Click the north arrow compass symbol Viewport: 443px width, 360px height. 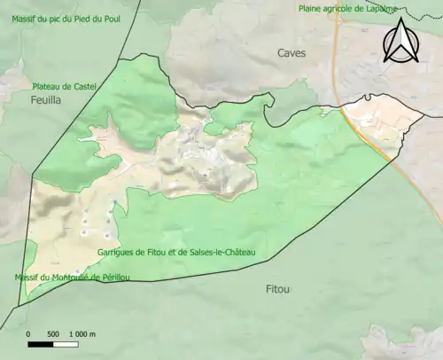(x=400, y=43)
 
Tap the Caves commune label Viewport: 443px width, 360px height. (x=291, y=53)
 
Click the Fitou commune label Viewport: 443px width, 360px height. (x=278, y=289)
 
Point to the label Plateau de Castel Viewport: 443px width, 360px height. (x=64, y=87)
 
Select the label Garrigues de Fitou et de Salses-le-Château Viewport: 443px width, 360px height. (x=176, y=253)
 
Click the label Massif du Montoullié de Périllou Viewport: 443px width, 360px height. (x=72, y=278)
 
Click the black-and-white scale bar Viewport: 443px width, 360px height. (x=53, y=344)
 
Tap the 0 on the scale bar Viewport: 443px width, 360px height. (x=28, y=334)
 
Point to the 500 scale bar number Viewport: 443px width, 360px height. (x=52, y=334)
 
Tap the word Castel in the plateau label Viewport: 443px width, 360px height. (x=82, y=87)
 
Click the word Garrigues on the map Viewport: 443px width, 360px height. (x=116, y=253)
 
